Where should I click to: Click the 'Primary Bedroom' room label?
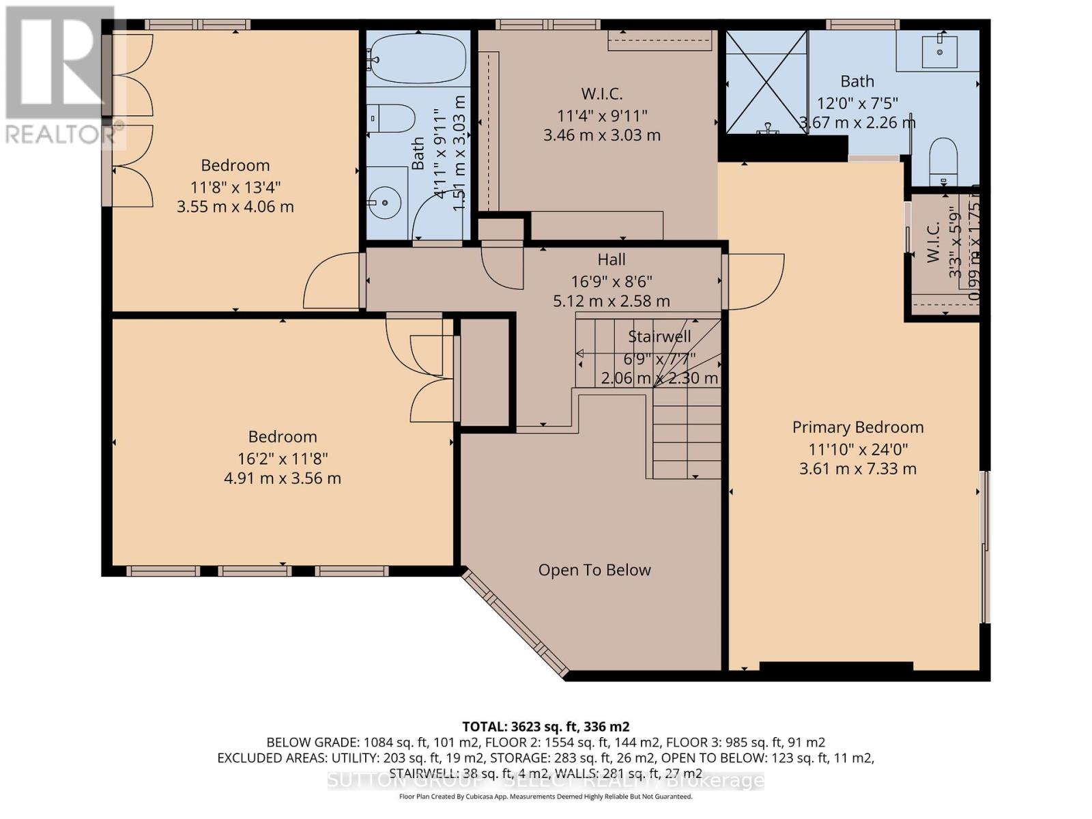[858, 427]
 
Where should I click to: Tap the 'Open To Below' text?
[594, 570]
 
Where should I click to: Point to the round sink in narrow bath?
[385, 202]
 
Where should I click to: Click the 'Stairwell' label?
[659, 336]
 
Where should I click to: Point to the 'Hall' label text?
[612, 259]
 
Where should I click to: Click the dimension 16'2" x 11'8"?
[283, 458]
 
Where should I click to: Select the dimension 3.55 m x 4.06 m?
[235, 207]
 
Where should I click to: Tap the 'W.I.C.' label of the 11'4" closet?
[602, 94]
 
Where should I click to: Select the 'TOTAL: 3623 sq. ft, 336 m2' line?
[545, 726]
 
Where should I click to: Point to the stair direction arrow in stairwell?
[581, 353]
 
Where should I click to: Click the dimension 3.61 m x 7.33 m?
[858, 469]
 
